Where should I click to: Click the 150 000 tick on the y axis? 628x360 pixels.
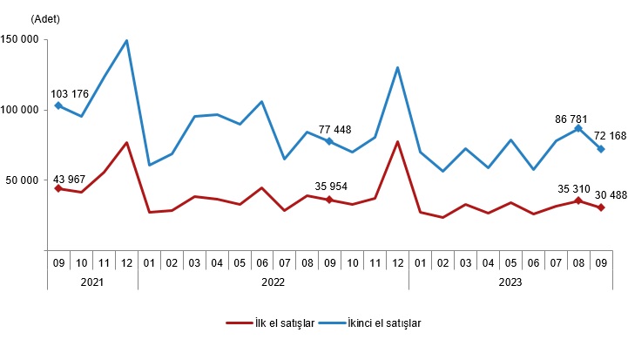click(x=19, y=39)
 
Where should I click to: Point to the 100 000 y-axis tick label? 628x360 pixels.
click(x=19, y=110)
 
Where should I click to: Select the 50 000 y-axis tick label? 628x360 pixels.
click(x=22, y=180)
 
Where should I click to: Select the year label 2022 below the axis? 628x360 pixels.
click(x=273, y=282)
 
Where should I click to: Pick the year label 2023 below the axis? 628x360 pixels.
click(x=510, y=282)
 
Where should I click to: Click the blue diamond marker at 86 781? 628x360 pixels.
click(x=577, y=128)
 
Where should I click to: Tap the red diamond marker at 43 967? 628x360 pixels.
click(x=58, y=188)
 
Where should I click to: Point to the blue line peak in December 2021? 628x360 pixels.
click(x=127, y=40)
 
